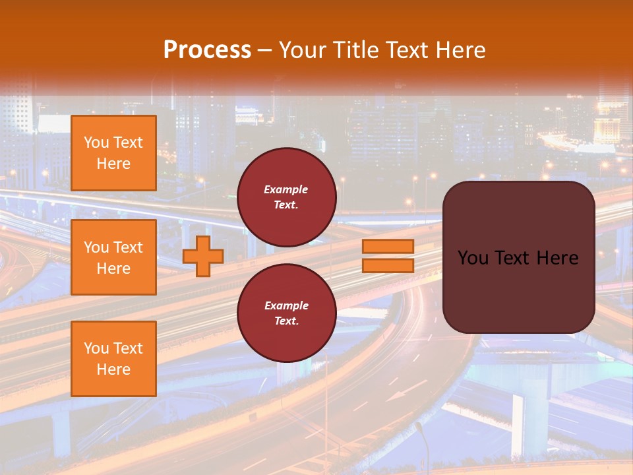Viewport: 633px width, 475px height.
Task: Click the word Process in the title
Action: [x=207, y=50]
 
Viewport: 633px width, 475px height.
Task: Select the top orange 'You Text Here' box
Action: [x=113, y=153]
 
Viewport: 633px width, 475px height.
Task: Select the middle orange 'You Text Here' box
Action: [x=113, y=257]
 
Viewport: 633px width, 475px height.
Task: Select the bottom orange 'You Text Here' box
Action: [x=113, y=359]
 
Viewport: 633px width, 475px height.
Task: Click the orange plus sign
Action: [x=203, y=256]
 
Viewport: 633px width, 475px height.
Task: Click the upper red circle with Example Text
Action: [x=287, y=197]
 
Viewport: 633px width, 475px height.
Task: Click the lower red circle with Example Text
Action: [x=287, y=313]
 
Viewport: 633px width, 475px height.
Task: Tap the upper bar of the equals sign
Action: [x=388, y=246]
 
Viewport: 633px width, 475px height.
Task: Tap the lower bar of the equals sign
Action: [x=388, y=266]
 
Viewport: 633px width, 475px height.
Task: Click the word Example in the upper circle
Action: [x=286, y=189]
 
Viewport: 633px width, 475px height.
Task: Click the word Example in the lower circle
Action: [x=286, y=305]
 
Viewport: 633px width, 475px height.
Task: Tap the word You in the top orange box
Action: [x=96, y=142]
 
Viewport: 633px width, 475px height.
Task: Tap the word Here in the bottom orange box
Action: [x=113, y=369]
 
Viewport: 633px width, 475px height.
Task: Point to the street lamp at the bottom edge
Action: [x=420, y=435]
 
